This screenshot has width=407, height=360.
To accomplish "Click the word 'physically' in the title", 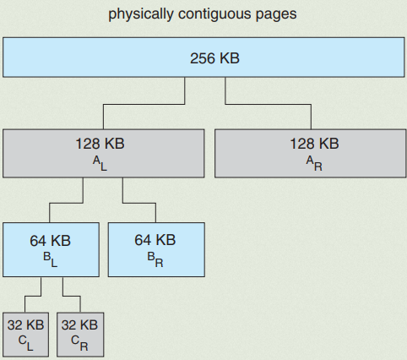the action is (141, 14).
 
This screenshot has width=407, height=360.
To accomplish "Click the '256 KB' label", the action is (214, 58).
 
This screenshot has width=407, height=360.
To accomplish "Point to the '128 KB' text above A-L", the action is (100, 144).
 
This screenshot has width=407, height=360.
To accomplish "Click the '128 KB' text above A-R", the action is (314, 144).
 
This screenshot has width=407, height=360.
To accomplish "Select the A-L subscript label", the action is (100, 164).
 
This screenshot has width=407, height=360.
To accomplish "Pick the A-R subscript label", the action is (314, 164).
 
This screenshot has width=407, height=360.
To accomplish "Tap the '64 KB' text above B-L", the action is (51, 241).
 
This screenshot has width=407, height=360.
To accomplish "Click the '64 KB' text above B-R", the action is (155, 240).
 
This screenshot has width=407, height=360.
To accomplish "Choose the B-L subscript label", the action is (51, 259).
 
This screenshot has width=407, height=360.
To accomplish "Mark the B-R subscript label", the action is (155, 259).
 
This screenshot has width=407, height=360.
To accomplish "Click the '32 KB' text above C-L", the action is (26, 325).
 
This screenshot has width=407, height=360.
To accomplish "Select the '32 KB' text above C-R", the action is (79, 325).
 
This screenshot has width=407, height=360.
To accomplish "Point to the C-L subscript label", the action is (26, 343).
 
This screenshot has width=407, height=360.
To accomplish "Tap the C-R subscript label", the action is (79, 343).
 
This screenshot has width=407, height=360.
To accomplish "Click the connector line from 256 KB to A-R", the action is (268, 104).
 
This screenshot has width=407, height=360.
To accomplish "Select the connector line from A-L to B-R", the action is (139, 203).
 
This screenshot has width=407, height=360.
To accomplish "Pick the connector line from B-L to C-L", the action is (33, 296).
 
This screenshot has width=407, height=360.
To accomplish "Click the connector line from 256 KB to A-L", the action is (144, 104).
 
